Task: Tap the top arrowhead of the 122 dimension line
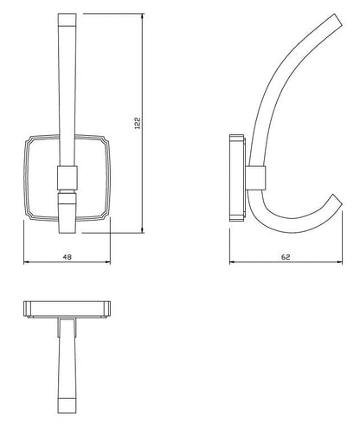pyautogui.click(x=143, y=15)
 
